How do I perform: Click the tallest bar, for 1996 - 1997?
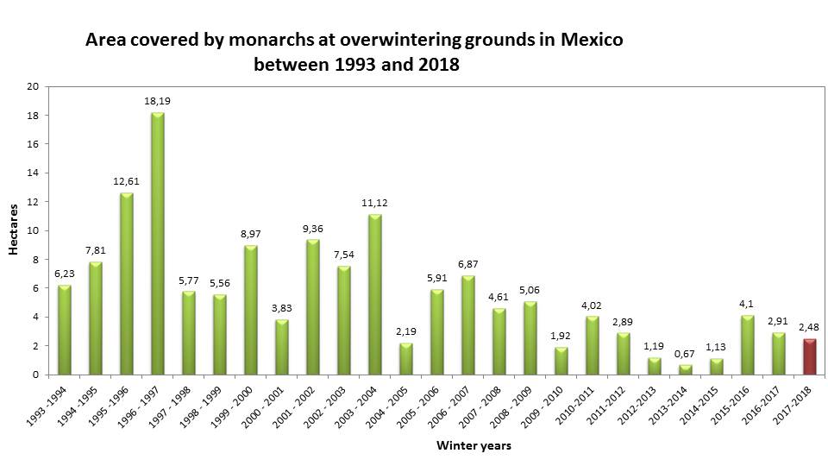pos(158,243)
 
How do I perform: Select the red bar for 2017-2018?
pos(810,356)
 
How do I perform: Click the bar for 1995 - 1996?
pos(127,284)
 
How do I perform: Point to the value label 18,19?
pos(157,101)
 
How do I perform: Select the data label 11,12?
pos(375,203)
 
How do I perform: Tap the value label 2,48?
pos(810,328)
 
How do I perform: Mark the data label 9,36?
pos(313,229)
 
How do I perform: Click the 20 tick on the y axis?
pos(34,86)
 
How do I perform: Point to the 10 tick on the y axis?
pos(34,230)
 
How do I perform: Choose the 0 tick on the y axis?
pos(36,375)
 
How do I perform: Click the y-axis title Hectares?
pos(14,230)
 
